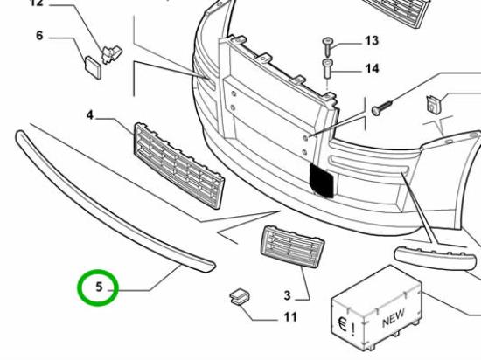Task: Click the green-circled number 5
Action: click(98, 287)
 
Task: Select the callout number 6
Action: click(40, 36)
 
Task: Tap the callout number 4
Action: click(91, 114)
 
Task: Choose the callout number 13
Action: click(372, 41)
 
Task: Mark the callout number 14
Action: click(372, 68)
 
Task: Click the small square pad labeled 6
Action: click(93, 66)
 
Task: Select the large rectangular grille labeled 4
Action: click(178, 163)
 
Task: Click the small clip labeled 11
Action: click(238, 300)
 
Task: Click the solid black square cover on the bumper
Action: click(322, 179)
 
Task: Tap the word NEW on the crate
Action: click(394, 317)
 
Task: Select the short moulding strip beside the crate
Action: click(437, 257)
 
